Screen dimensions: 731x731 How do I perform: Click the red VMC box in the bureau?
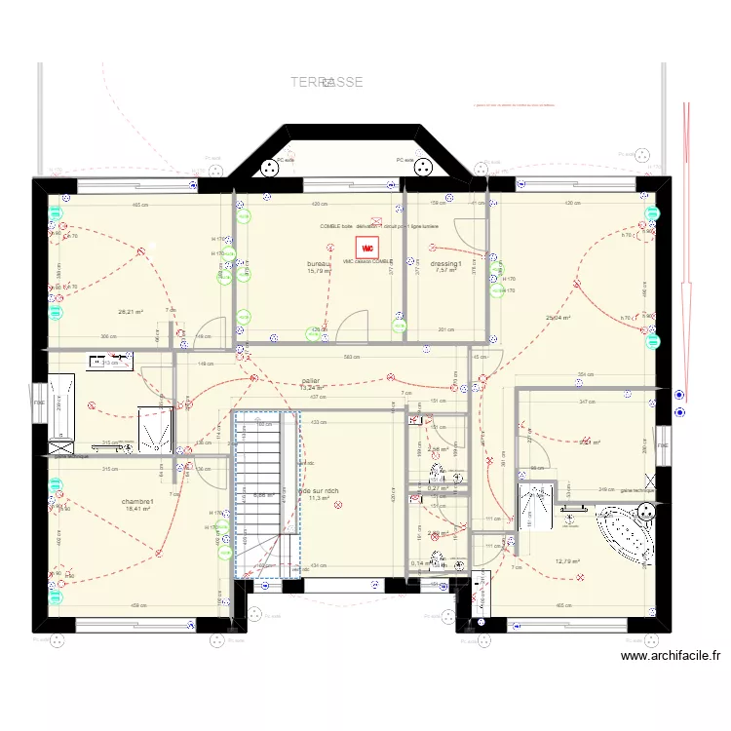point(366,248)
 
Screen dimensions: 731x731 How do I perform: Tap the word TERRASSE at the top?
point(327,83)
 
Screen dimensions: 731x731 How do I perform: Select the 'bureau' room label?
point(319,264)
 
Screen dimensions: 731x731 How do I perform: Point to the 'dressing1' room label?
point(445,264)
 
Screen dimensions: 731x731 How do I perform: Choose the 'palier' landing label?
point(311,381)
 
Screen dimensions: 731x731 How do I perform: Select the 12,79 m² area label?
point(567,561)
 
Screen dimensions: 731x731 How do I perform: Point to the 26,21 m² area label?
point(131,312)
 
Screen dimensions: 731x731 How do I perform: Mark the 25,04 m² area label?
point(558,318)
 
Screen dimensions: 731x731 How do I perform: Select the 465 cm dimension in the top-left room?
point(139,205)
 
